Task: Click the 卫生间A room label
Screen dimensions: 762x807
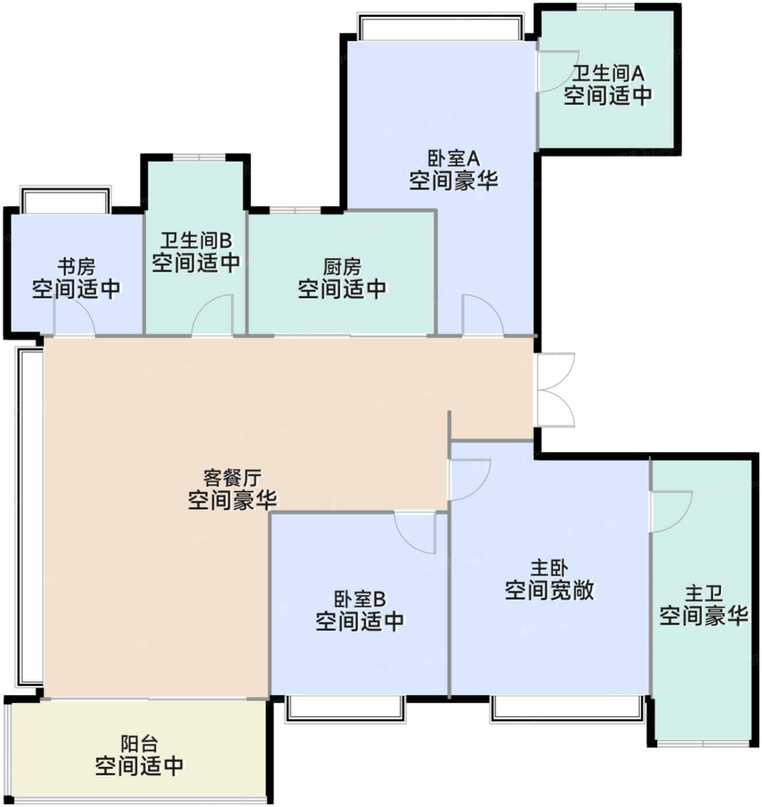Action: click(608, 74)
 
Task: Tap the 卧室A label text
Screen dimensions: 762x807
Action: click(453, 159)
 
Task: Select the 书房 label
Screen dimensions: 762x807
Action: click(77, 267)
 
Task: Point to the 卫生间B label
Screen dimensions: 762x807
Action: click(196, 240)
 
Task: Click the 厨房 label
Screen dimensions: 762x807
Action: click(342, 267)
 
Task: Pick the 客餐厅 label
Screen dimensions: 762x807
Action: click(232, 478)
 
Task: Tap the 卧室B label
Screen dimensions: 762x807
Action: click(360, 599)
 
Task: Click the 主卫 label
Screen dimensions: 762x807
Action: click(704, 594)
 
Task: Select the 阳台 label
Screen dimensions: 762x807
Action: click(139, 744)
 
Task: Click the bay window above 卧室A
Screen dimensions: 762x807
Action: click(441, 27)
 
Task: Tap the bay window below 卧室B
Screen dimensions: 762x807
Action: click(346, 710)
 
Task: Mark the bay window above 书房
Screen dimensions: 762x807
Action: click(66, 200)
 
